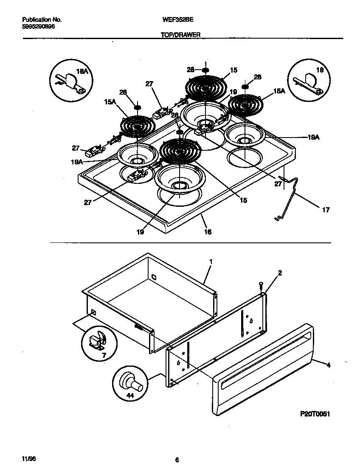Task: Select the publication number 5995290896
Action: pyautogui.click(x=38, y=26)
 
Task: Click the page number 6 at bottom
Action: pyautogui.click(x=177, y=460)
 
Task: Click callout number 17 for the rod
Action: pyautogui.click(x=326, y=210)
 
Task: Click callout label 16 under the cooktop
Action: pyautogui.click(x=208, y=231)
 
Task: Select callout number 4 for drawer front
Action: pyautogui.click(x=328, y=364)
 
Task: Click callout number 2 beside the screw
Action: pyautogui.click(x=280, y=273)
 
